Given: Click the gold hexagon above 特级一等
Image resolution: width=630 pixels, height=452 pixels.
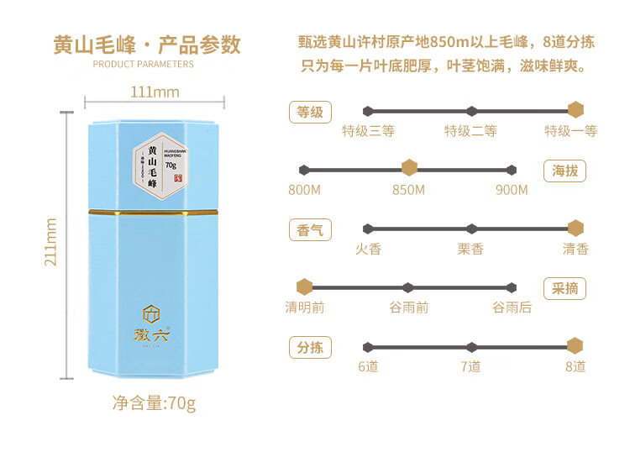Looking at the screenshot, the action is [575, 110].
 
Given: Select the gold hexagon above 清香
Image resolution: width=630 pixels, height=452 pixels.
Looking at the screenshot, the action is [575, 228].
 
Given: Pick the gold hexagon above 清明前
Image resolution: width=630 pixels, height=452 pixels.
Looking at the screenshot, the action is [304, 287].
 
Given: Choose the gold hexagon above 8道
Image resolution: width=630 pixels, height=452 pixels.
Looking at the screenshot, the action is [575, 346].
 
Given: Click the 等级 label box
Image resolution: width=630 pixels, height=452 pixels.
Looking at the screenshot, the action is [309, 112].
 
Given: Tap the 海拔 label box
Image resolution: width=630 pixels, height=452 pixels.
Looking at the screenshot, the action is [564, 171].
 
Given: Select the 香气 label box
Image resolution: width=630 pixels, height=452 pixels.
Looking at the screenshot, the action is [309, 229].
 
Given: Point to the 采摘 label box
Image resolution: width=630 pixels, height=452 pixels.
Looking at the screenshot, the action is [564, 289].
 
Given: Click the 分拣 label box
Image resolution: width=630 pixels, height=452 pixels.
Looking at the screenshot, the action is [309, 348].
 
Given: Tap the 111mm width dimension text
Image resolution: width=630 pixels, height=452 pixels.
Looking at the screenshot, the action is [155, 92].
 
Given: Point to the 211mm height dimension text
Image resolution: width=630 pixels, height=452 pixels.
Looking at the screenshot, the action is [51, 243].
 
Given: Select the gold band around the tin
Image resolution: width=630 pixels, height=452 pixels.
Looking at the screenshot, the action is [154, 211].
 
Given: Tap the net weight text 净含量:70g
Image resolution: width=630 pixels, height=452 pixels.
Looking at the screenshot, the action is [154, 402].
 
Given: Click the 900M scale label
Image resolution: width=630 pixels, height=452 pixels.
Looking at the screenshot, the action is [512, 190].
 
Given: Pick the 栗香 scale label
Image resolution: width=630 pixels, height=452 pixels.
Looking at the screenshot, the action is [470, 249].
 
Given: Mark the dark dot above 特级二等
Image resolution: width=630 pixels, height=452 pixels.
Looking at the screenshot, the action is [471, 110].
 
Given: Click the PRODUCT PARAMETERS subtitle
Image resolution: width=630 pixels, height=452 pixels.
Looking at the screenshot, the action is [143, 64].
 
